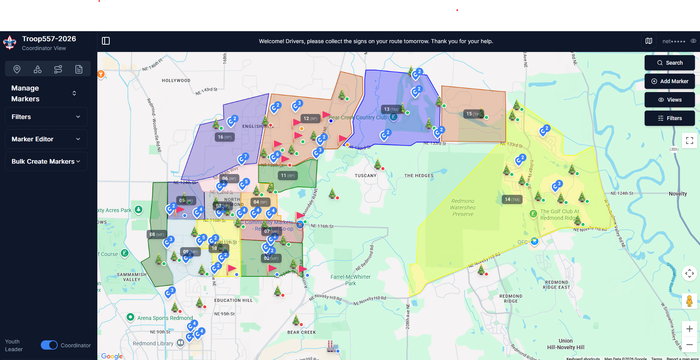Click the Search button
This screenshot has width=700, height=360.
pyautogui.click(x=670, y=63)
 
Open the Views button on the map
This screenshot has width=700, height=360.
pyautogui.click(x=670, y=100)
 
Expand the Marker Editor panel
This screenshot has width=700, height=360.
pyautogui.click(x=46, y=139)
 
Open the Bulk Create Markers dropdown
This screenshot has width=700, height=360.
pyautogui.click(x=46, y=161)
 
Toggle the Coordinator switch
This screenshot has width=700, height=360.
pyautogui.click(x=49, y=345)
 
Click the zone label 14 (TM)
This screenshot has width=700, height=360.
pyautogui.click(x=512, y=199)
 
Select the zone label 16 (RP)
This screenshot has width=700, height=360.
pyautogui.click(x=225, y=137)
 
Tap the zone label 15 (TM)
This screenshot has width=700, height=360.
pyautogui.click(x=473, y=114)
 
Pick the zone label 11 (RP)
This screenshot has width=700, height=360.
pyautogui.click(x=287, y=176)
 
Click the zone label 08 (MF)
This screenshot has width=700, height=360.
pyautogui.click(x=157, y=234)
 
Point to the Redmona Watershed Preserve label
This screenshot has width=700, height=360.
pyautogui.click(x=463, y=208)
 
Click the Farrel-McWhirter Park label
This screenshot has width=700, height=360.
pyautogui.click(x=351, y=280)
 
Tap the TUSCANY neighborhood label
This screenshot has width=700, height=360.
pyautogui.click(x=366, y=176)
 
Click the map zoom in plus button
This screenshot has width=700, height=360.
pyautogui.click(x=689, y=329)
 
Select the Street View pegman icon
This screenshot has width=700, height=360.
pyautogui.click(x=689, y=301)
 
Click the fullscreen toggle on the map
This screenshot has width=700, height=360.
pyautogui.click(x=689, y=141)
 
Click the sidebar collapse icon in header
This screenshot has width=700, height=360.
pyautogui.click(x=106, y=41)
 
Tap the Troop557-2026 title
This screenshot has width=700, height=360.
pyautogui.click(x=49, y=39)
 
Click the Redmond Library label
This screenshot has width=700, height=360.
pyautogui.click(x=153, y=343)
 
